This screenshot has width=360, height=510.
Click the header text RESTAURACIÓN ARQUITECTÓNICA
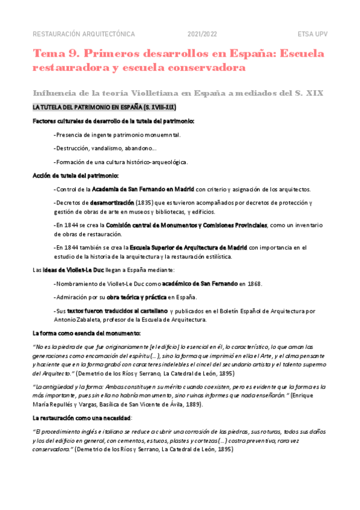84,34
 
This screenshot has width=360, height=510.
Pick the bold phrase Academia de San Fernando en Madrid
143,189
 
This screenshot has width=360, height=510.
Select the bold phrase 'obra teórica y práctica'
132,297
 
